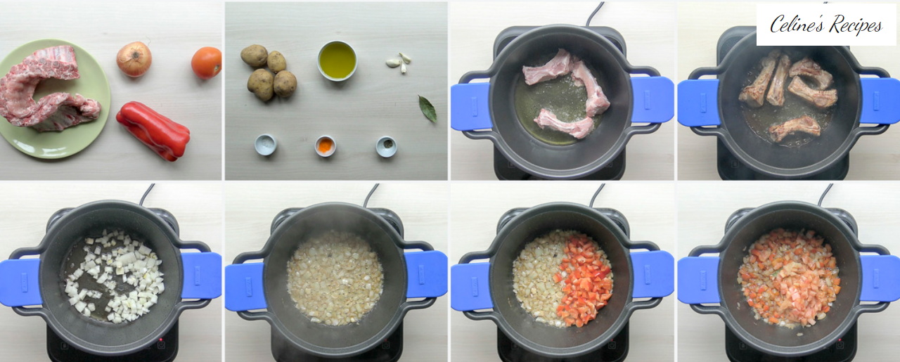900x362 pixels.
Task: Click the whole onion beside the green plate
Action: (134, 59)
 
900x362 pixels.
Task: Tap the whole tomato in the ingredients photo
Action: (207, 63)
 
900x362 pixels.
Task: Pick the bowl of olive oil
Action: (337, 60)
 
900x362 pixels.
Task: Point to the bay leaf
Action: (427, 108)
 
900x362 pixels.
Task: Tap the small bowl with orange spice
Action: (325, 146)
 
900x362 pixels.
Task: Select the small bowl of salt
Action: (266, 145)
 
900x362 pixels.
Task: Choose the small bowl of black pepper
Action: (386, 147)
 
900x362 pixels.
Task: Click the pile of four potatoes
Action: (269, 72)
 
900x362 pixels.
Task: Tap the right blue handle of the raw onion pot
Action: (201, 276)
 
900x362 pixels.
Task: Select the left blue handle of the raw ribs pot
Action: (470, 106)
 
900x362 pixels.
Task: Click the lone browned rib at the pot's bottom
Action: (795, 128)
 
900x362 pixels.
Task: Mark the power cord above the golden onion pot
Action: (371, 195)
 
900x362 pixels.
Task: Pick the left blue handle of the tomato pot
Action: (698, 280)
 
